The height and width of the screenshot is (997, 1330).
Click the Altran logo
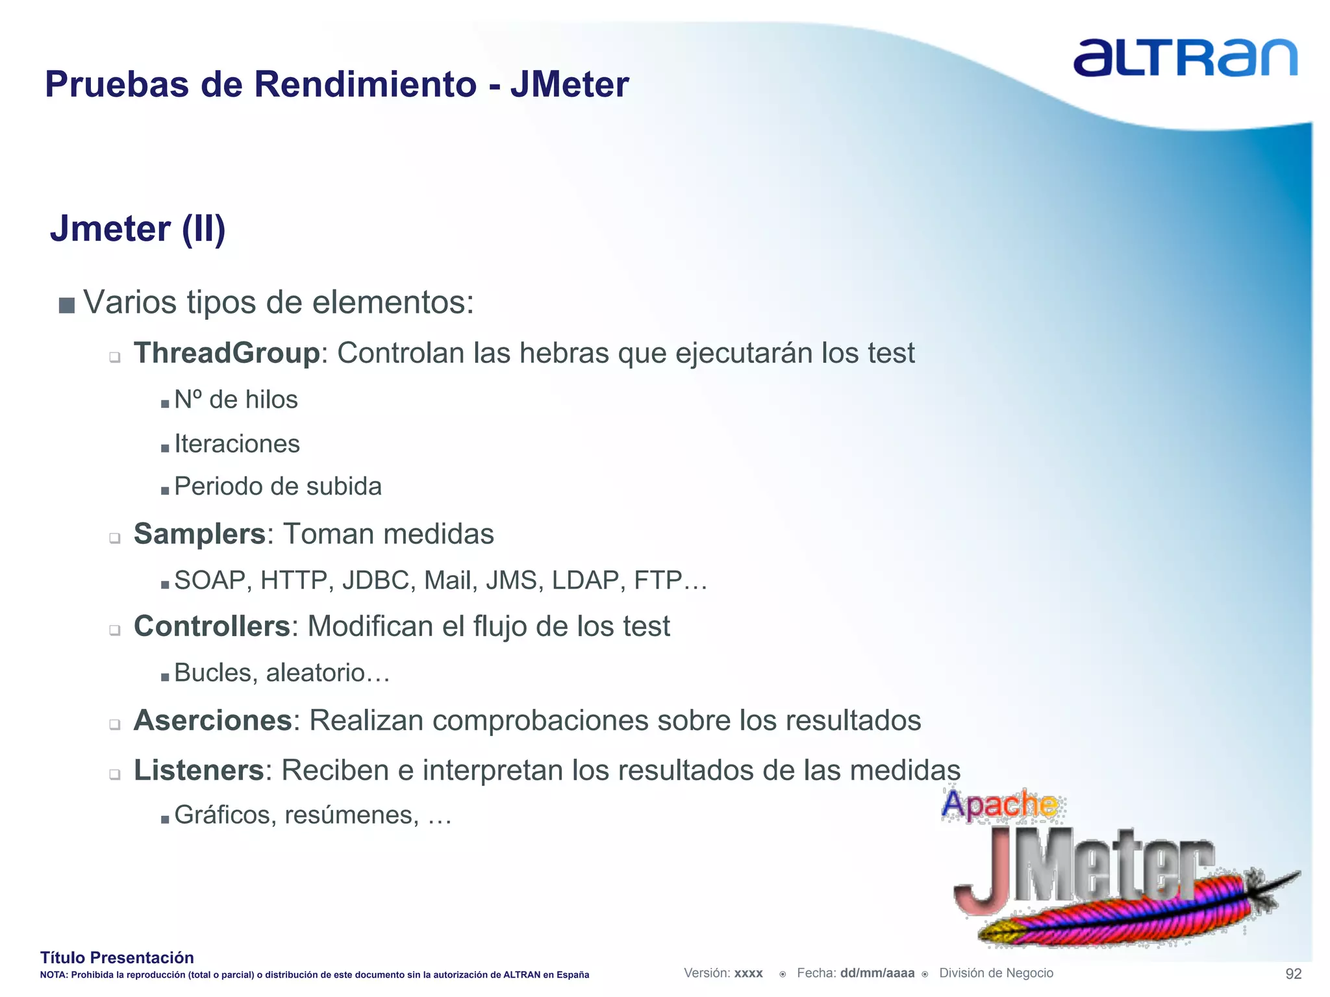click(x=1185, y=58)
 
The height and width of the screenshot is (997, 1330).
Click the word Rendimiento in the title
click(x=364, y=84)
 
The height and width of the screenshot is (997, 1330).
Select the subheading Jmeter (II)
click(x=138, y=228)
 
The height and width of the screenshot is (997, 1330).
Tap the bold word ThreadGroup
click(x=227, y=353)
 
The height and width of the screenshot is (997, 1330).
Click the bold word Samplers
click(x=199, y=534)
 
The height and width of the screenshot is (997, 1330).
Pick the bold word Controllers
click(x=212, y=626)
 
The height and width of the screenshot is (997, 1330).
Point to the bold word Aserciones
click(x=213, y=720)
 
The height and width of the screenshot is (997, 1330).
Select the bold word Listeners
click(x=199, y=770)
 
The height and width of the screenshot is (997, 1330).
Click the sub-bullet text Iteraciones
click(x=237, y=444)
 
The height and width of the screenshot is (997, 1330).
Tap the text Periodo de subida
click(x=278, y=486)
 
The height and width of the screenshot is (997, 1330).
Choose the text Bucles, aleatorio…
click(x=282, y=673)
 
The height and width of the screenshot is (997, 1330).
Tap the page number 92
click(x=1293, y=974)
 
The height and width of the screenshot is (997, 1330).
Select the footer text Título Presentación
click(x=117, y=957)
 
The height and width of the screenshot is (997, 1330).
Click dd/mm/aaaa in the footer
click(x=877, y=973)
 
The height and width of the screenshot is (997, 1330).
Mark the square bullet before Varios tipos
click(x=67, y=305)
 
